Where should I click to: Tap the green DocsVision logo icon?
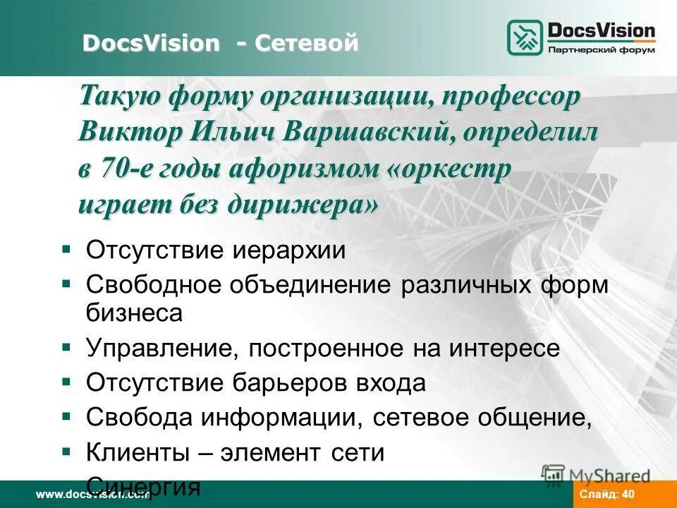(x=525, y=38)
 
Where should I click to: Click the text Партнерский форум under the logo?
(x=601, y=50)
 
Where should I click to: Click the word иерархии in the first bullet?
(x=288, y=250)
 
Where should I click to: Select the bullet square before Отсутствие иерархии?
(x=66, y=249)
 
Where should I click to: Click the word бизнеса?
(x=134, y=313)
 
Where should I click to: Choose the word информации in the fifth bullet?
(x=289, y=418)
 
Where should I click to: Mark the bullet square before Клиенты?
(x=66, y=450)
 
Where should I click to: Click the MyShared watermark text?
(x=609, y=476)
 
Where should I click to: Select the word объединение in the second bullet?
(x=312, y=286)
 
